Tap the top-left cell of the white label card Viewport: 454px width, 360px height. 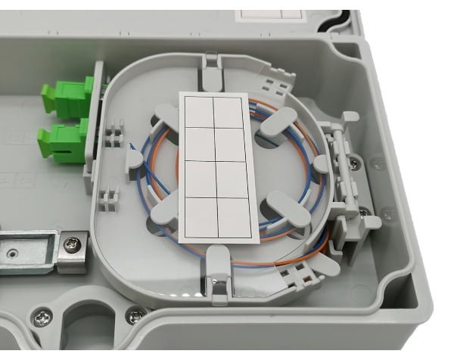(198, 113)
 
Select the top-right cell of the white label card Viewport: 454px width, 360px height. (229, 111)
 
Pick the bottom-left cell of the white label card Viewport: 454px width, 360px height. (204, 219)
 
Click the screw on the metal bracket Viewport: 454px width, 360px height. (72, 244)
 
